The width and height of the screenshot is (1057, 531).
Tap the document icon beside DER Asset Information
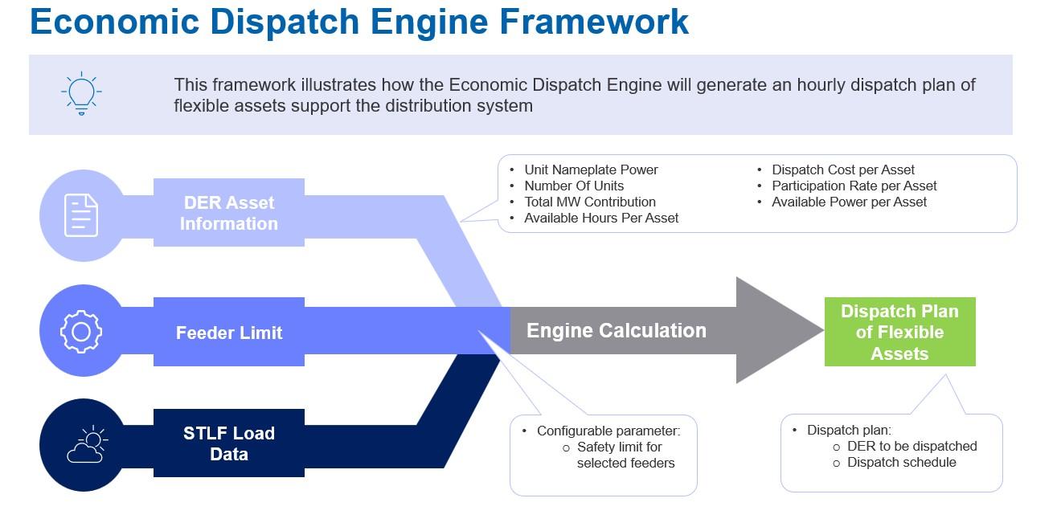click(x=81, y=215)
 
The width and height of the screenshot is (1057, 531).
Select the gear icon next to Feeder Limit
click(x=81, y=331)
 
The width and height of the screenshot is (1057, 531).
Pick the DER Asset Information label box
click(x=228, y=213)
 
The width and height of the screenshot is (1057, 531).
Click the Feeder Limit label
click(x=228, y=333)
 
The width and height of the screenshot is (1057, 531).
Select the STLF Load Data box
click(x=228, y=443)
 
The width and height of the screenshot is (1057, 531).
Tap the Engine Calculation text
click(x=616, y=330)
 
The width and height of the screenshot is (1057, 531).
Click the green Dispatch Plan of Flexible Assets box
click(x=899, y=333)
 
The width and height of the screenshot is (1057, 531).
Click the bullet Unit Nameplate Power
click(x=591, y=170)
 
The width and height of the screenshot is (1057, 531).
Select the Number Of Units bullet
click(x=574, y=186)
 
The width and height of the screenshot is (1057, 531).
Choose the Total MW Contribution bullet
click(x=590, y=202)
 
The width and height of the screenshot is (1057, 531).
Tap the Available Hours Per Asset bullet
click(x=601, y=218)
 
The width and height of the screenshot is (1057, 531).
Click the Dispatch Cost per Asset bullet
click(x=843, y=170)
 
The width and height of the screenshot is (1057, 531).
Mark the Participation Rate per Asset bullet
click(x=854, y=186)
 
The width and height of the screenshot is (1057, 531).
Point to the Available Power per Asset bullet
click(x=849, y=202)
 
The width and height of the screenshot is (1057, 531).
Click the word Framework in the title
click(x=594, y=22)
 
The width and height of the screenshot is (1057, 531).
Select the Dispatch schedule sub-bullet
click(x=901, y=462)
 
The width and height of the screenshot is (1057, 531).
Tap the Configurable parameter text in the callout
click(x=608, y=431)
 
